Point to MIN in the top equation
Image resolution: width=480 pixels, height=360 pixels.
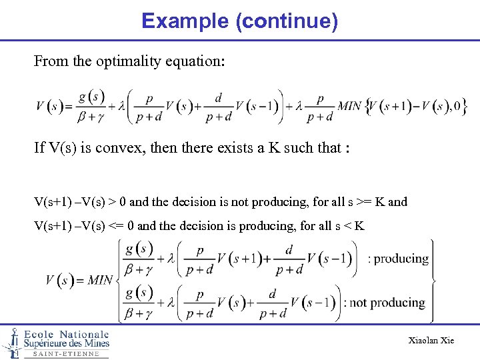coord(349,106)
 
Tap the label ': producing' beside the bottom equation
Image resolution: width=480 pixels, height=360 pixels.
coord(398,259)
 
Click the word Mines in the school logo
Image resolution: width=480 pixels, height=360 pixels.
coord(94,344)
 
